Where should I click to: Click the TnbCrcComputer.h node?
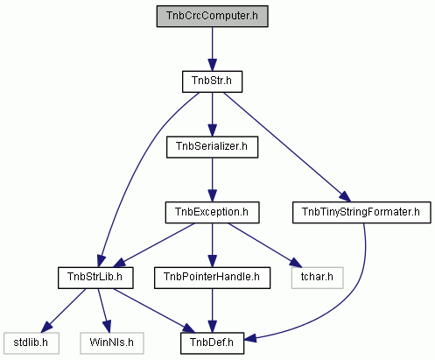coord(212,16)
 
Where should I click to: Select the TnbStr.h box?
coord(212,81)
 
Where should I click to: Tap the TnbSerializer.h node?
coord(212,147)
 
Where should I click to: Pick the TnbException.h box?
coord(212,212)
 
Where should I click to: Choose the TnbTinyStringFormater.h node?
coord(361,212)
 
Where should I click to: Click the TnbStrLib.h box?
coord(95,278)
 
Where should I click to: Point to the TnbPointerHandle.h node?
coord(212,278)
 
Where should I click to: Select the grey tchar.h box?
coord(317,278)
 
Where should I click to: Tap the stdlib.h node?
coord(32,343)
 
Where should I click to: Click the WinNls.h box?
coord(112,343)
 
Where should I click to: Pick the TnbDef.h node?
coord(212,343)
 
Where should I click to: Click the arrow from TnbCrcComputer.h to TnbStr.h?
coord(212,49)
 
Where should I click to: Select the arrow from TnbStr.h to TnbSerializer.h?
coord(212,115)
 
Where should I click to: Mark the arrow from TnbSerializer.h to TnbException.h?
coord(212,180)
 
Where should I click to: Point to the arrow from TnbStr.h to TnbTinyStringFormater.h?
coord(287,147)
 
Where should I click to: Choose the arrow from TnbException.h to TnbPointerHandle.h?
coord(212,245)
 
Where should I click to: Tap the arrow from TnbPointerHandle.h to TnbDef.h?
coord(212,311)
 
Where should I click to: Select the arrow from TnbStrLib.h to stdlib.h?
coord(63,311)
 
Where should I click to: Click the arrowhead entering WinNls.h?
coord(107,327)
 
